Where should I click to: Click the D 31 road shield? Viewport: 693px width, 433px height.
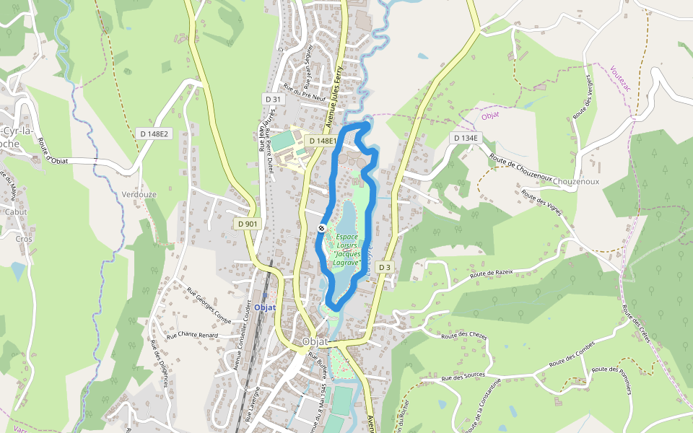click(x=272, y=99)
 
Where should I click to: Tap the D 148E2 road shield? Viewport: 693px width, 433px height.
click(x=153, y=134)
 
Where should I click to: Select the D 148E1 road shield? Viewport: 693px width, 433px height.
click(x=321, y=141)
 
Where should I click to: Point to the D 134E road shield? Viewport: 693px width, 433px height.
click(x=464, y=138)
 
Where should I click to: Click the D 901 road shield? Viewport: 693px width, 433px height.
click(x=247, y=224)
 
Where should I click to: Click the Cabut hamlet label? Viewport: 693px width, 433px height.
click(x=16, y=212)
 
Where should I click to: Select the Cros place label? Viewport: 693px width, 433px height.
click(x=24, y=238)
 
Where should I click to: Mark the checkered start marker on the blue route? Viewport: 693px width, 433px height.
click(x=321, y=228)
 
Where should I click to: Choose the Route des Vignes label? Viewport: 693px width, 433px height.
click(x=541, y=204)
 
